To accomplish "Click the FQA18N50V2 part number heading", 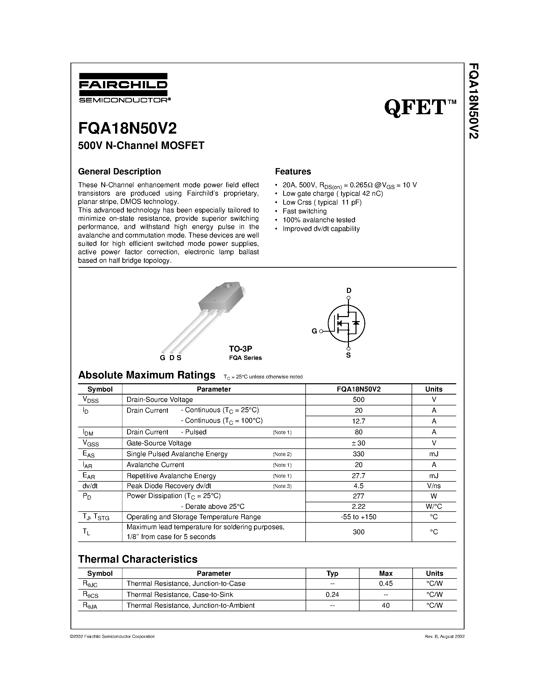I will [127, 129].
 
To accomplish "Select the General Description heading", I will [120, 171].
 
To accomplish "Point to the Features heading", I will [293, 171].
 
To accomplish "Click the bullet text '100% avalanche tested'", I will [319, 220].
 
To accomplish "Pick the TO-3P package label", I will [240, 349].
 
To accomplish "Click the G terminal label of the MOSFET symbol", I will [314, 331].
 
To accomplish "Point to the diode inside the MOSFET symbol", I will [356, 323].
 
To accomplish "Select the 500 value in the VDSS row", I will [359, 400].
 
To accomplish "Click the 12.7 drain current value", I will [359, 421].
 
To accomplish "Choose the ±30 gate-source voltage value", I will [359, 443].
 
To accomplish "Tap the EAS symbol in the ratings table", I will [88, 454].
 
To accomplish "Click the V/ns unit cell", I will [434, 486].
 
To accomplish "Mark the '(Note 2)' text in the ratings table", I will [282, 454].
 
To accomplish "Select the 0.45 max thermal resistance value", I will [386, 583].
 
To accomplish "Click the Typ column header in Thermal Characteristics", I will [332, 573].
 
